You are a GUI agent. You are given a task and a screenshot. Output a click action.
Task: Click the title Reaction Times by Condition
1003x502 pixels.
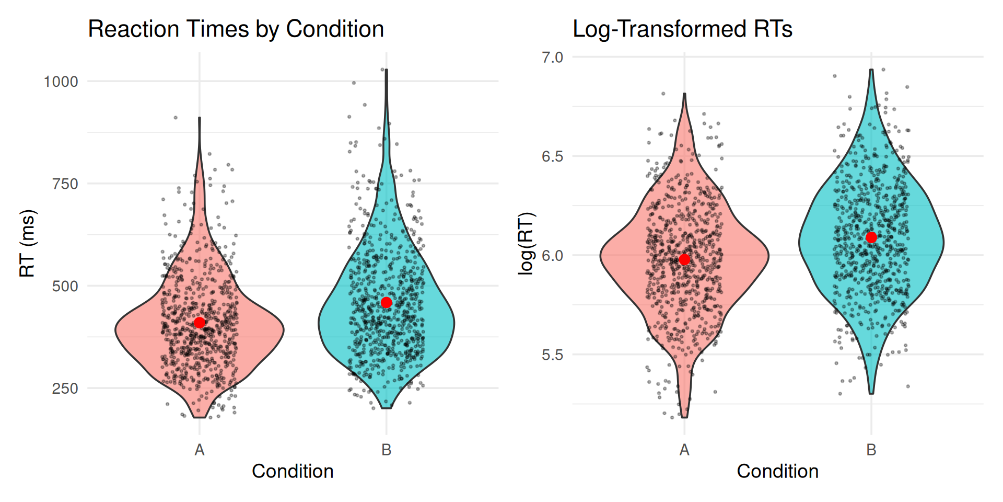coord(236,29)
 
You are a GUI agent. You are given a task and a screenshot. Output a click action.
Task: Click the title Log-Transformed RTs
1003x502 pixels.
coord(682,29)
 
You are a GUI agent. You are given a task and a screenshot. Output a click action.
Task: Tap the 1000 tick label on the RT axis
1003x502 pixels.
coord(61,82)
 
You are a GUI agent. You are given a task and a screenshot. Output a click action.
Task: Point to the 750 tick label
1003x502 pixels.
coord(65,184)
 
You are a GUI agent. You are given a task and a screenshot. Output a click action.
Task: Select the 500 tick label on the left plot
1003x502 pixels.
coord(65,286)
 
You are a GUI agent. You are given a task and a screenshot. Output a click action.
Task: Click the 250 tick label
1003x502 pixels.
coord(65,389)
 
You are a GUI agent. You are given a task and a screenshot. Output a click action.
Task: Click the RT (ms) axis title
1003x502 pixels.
coord(27,243)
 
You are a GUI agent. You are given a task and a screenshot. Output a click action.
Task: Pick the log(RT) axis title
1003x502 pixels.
coord(527,243)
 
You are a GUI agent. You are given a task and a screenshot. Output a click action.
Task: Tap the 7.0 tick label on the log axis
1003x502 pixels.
coord(552,57)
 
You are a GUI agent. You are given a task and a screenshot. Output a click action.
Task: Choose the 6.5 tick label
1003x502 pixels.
coord(552,156)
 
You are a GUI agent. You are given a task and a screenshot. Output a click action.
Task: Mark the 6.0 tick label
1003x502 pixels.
coord(552,256)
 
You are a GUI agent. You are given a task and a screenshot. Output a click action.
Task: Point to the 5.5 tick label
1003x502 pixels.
coord(552,355)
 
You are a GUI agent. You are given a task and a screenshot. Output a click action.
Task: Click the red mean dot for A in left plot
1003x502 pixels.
coord(200,323)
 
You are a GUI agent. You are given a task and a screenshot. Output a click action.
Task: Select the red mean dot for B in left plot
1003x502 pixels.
coord(387,303)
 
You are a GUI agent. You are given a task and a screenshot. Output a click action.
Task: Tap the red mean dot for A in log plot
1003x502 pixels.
coord(684,260)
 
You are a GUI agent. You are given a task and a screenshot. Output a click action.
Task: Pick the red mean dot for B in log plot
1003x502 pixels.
coord(871,238)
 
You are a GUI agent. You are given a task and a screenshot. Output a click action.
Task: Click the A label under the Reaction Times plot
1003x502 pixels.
coord(200,450)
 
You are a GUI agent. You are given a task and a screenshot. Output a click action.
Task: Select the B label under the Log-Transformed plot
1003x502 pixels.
coord(871,450)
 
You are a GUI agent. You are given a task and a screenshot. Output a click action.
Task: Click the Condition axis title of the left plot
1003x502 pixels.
coord(293,472)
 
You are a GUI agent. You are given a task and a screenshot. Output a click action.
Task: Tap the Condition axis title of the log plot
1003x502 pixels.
coord(777,472)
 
